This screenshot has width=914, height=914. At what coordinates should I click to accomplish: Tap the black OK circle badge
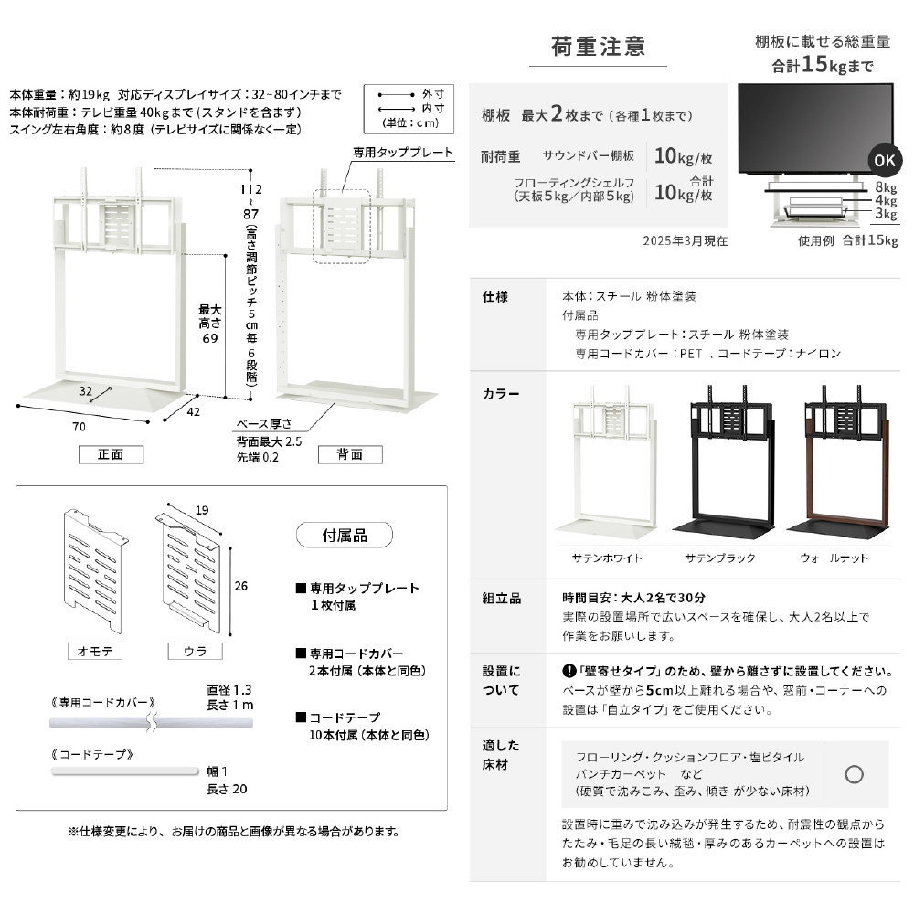coord(885,160)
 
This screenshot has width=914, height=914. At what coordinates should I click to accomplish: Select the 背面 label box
coord(350,454)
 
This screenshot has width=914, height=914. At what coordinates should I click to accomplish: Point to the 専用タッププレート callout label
coord(403,153)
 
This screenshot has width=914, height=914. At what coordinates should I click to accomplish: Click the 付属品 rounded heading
coord(345,534)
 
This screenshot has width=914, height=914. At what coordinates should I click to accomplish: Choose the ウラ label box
coord(195,651)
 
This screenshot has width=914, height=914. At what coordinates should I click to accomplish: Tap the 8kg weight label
coord(885,186)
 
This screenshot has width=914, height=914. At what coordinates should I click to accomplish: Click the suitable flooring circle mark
coord(855,774)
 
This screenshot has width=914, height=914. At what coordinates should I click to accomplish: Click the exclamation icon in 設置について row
coord(568,671)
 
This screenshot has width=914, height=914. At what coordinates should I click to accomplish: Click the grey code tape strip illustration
coord(124,771)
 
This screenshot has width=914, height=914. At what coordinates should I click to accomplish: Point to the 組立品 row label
coord(502,598)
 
